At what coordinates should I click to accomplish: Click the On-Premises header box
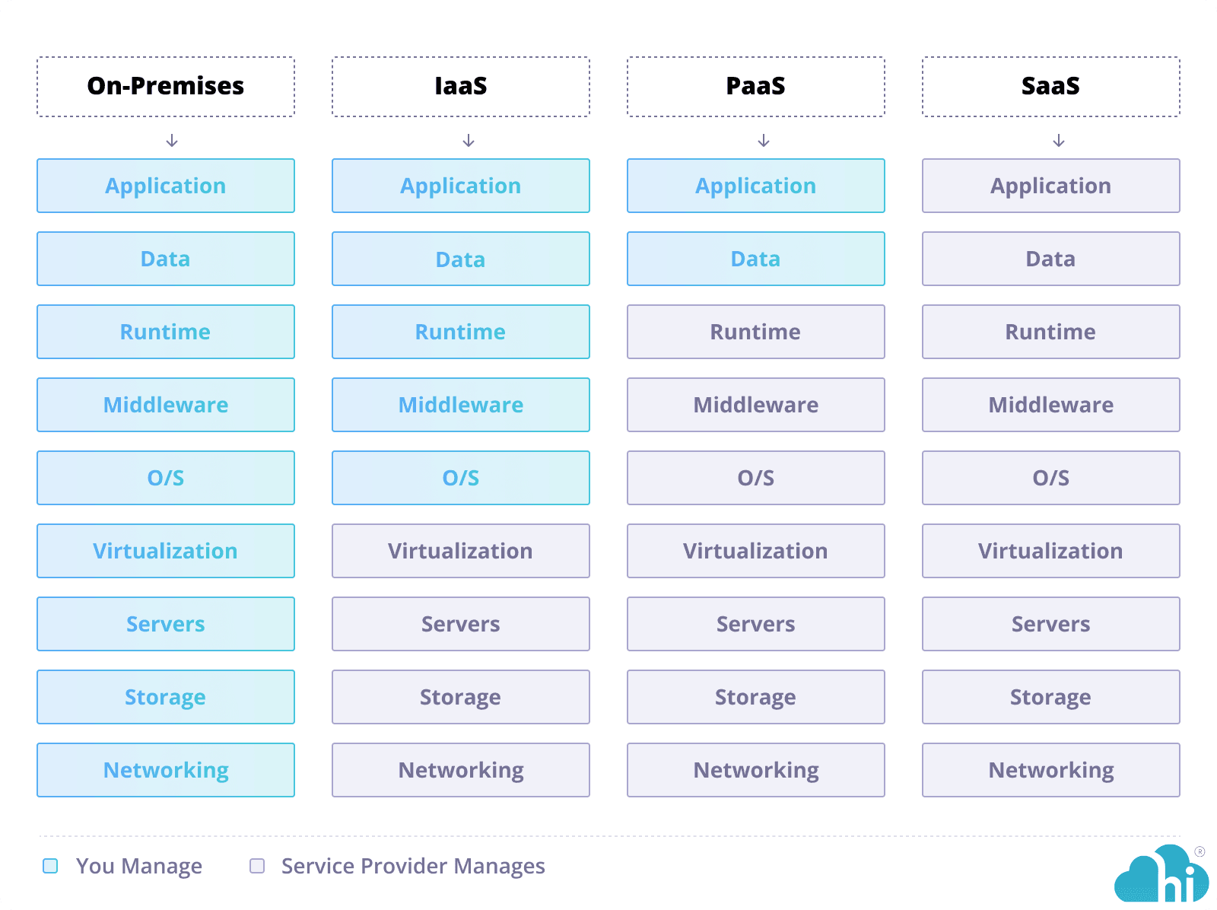click(x=166, y=87)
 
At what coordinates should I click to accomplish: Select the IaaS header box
click(x=461, y=87)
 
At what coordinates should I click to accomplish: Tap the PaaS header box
click(x=756, y=87)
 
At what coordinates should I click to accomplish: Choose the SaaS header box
click(x=1051, y=87)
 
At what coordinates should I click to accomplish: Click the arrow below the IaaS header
click(x=469, y=141)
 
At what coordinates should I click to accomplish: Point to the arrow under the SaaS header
click(x=1059, y=141)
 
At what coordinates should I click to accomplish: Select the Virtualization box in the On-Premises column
click(x=166, y=551)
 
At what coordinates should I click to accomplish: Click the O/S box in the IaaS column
click(x=461, y=478)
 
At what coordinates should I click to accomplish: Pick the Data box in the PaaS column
click(x=756, y=259)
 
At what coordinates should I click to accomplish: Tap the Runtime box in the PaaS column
click(x=756, y=332)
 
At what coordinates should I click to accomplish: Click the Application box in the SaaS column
click(x=1051, y=186)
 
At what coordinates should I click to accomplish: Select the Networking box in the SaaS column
click(x=1051, y=770)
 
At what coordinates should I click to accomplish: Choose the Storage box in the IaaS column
click(x=461, y=697)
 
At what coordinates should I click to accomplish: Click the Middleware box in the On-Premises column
click(x=166, y=405)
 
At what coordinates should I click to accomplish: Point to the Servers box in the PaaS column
click(x=756, y=624)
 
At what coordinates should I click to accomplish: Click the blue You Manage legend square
click(x=50, y=866)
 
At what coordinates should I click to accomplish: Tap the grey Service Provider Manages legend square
click(x=257, y=866)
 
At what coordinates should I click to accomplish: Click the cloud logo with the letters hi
click(x=1161, y=877)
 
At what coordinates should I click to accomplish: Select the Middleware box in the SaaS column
click(x=1051, y=405)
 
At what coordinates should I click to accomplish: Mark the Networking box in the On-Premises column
click(x=166, y=770)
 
